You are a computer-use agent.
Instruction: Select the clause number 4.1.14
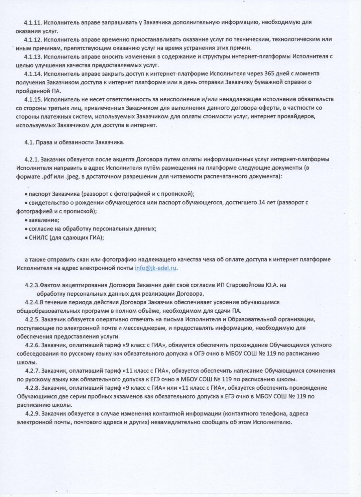(32, 74)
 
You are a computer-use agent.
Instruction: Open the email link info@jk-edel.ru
(155, 268)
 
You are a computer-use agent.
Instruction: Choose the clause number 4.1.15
(32, 99)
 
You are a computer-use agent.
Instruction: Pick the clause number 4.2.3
(32, 285)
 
